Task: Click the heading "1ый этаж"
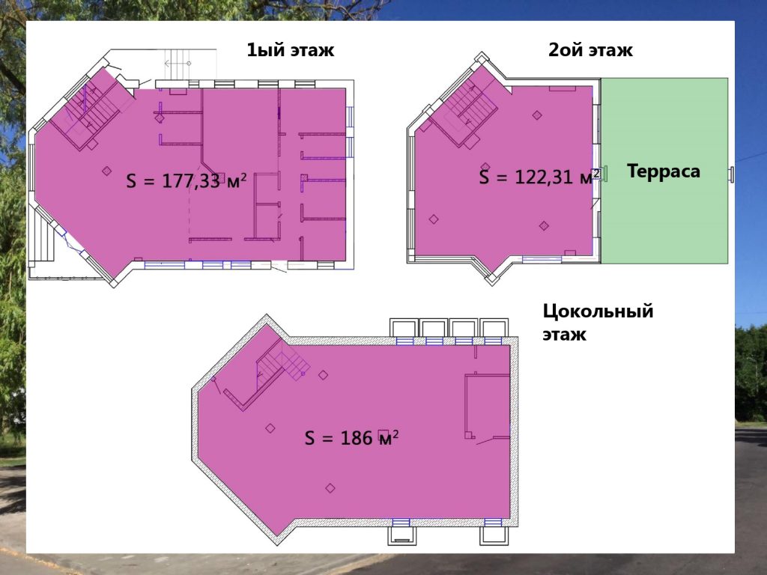click(290, 50)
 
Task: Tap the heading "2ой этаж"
click(590, 50)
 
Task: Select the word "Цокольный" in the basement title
click(598, 311)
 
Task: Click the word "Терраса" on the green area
click(664, 171)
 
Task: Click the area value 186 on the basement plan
click(357, 437)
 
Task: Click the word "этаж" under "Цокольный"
click(564, 335)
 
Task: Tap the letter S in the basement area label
click(309, 438)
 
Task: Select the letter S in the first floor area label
click(131, 181)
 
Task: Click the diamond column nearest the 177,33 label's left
click(106, 171)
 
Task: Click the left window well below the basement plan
click(402, 535)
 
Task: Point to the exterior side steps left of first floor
click(43, 240)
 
